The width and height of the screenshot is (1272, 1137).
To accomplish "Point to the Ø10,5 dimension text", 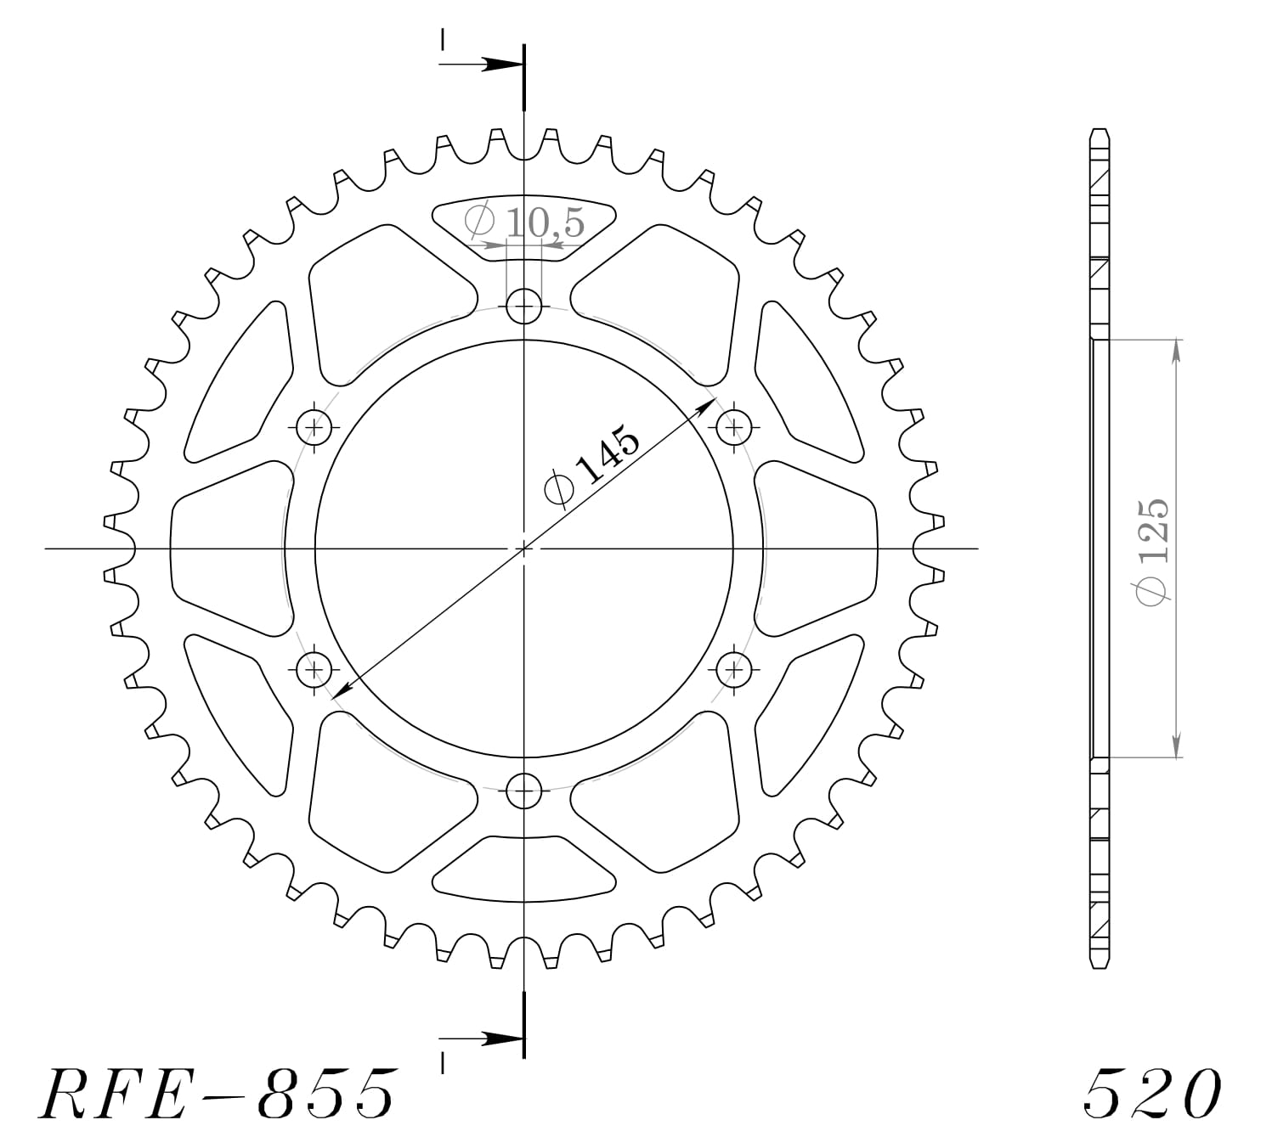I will [x=525, y=222].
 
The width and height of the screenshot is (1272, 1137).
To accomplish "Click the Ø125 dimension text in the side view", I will [x=1156, y=552].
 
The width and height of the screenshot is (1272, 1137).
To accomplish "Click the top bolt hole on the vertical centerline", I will [x=524, y=306].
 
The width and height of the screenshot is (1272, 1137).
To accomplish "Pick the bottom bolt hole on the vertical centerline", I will [x=524, y=792].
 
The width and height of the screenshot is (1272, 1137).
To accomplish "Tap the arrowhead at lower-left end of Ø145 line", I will [x=342, y=691].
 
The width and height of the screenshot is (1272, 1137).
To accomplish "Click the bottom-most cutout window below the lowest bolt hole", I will [x=524, y=869].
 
